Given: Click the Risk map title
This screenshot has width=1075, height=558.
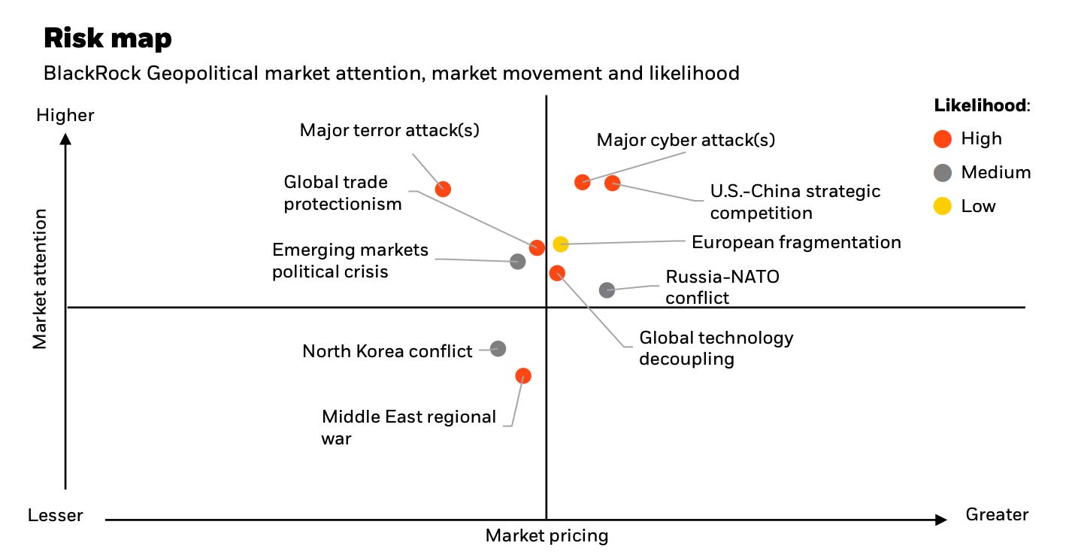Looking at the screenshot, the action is tap(107, 38).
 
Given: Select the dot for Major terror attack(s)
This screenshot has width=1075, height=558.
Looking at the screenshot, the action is tap(443, 189).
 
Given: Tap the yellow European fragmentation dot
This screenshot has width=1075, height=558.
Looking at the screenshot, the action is tap(560, 244).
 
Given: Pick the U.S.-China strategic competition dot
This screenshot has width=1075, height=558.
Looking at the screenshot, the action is tap(612, 183).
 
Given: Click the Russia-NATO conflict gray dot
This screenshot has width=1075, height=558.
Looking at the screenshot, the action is tap(607, 290).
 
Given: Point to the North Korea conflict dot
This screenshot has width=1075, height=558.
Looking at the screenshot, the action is tap(498, 348).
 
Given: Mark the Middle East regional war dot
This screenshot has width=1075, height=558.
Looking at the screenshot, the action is tap(523, 375).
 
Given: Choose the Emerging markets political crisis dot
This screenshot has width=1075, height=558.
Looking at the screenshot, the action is tap(517, 261).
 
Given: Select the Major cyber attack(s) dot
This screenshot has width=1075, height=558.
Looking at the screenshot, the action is tap(582, 181).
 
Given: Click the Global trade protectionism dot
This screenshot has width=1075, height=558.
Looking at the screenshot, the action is tap(536, 247).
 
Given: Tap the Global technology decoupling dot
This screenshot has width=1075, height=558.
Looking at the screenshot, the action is tap(556, 272).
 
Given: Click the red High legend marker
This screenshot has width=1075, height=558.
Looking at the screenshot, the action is tap(943, 138).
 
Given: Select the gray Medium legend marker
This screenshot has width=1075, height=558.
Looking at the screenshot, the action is tap(943, 172).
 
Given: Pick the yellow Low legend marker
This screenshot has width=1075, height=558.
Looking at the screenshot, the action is tap(943, 206).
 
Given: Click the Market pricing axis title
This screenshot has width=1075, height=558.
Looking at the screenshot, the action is tap(547, 535).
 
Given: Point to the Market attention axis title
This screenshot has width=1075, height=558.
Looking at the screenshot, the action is tap(40, 279).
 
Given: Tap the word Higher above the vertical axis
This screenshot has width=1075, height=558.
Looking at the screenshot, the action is tap(65, 115).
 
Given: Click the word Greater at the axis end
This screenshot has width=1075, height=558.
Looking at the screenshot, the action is tap(997, 514).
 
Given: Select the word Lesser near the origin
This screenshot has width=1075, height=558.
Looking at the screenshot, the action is tap(56, 515).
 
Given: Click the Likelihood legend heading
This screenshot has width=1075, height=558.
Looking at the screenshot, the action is tap(981, 105).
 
